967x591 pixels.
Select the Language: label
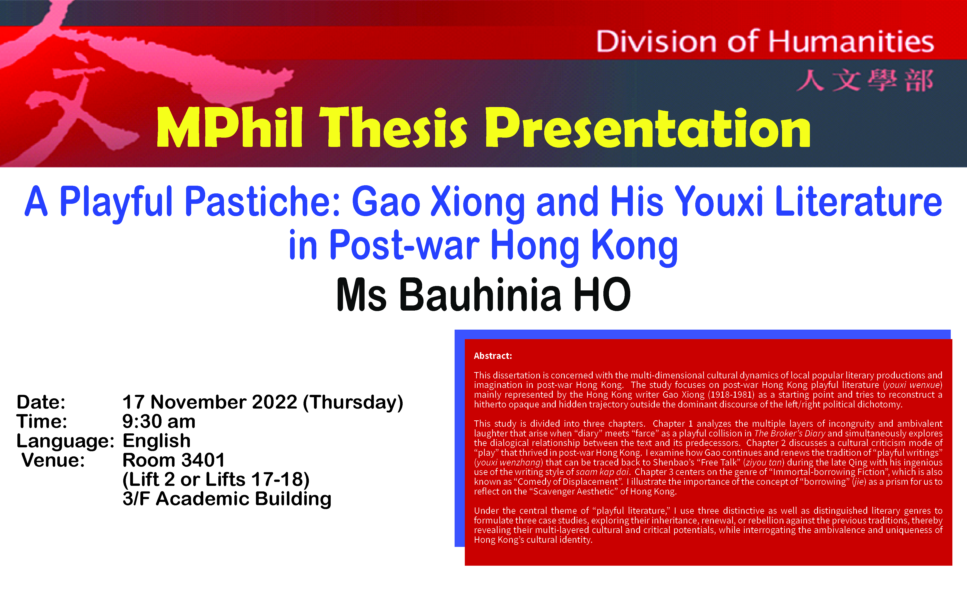(65, 441)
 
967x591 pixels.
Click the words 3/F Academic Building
(227, 499)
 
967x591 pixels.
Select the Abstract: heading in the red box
(493, 356)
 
